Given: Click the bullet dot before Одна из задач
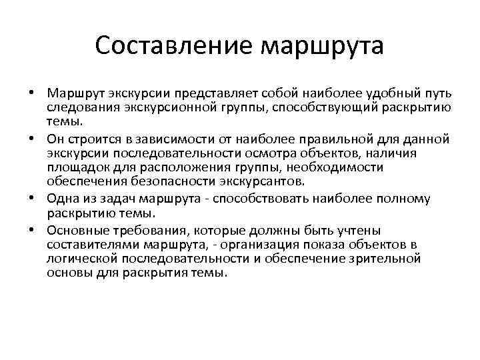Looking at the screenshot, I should pyautogui.click(x=32, y=199).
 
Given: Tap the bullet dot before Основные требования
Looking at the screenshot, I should pyautogui.click(x=32, y=230).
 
